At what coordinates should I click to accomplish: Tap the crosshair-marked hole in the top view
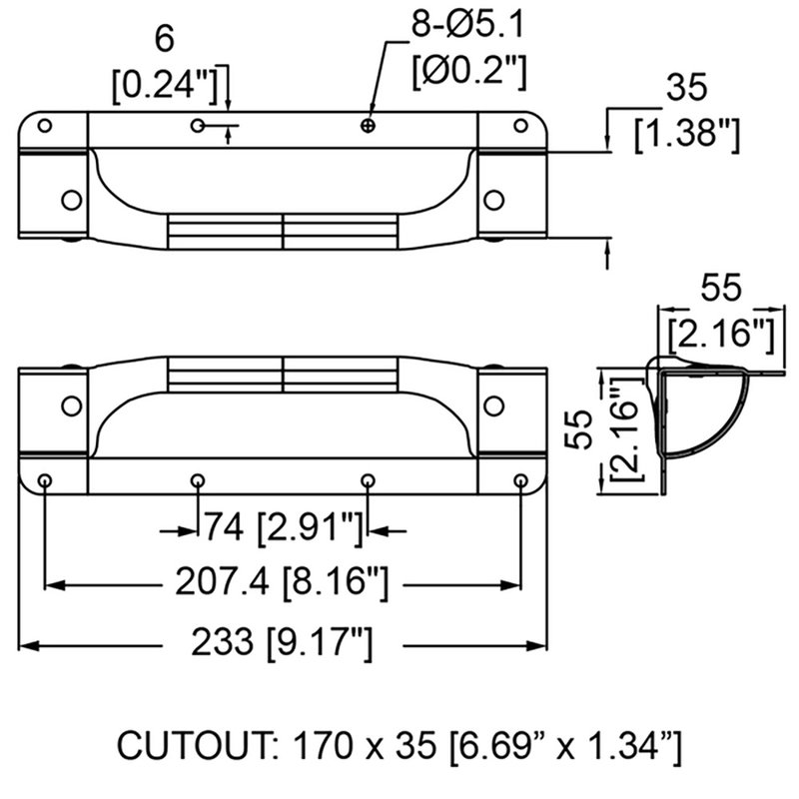coord(369,125)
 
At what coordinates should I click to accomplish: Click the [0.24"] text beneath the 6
coord(166,86)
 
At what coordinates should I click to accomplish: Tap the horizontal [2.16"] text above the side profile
coord(718,332)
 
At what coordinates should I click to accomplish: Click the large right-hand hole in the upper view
coord(492,199)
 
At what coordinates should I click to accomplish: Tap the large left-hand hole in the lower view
coord(71,405)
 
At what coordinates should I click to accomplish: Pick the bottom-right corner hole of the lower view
coord(520,481)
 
